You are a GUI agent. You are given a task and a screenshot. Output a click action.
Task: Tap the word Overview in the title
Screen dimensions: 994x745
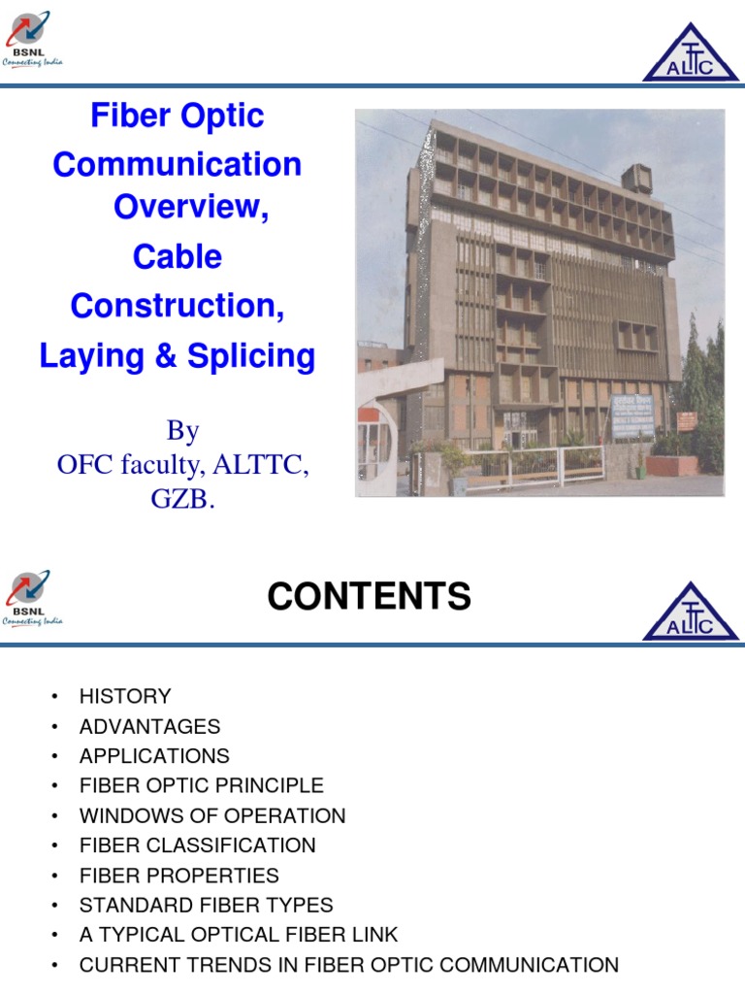point(190,207)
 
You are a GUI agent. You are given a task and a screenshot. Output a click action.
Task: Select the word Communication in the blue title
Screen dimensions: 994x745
point(178,164)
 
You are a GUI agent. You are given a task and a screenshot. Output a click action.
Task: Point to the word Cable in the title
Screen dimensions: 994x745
point(178,257)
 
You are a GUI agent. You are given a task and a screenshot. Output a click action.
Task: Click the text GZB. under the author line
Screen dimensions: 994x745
point(182,502)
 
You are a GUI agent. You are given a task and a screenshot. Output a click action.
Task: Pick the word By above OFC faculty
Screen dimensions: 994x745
point(182,430)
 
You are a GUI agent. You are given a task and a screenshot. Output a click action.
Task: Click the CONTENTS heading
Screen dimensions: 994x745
point(369,597)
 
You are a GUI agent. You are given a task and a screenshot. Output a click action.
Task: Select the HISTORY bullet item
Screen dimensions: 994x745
point(125,696)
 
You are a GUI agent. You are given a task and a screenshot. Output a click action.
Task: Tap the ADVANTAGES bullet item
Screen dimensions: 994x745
point(149,726)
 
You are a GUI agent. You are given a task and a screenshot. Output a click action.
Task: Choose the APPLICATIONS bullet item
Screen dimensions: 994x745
point(154,755)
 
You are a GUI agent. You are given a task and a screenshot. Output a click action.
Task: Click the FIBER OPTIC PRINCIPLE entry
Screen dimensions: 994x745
point(201,785)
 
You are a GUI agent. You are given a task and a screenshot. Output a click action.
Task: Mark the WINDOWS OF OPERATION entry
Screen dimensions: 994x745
point(211,815)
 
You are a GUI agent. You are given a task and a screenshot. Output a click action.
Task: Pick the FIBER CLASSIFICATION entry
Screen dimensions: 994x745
point(197,845)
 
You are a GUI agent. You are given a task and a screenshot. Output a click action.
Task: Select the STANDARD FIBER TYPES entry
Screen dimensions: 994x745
point(206,905)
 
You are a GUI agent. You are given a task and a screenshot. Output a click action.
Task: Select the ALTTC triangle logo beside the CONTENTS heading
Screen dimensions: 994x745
point(691,613)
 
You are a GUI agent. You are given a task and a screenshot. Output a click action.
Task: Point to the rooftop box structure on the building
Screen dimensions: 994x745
point(637,179)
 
